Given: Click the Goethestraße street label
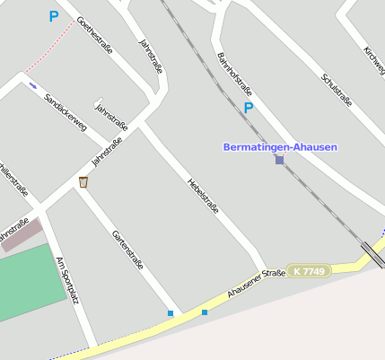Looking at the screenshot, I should coord(94,35).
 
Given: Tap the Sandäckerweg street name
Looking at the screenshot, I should coord(66,111).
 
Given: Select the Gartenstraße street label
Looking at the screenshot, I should coord(127,250).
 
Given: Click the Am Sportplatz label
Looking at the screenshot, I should coord(68,278).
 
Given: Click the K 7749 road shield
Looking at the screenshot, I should coord(309,271).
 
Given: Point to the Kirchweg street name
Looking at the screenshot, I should coord(374,60).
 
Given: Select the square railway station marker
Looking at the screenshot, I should coord(279,160).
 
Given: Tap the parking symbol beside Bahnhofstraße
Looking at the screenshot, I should coord(249,108).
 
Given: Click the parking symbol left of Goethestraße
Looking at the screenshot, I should coord(53,16).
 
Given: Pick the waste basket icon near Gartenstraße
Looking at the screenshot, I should coord(83,182).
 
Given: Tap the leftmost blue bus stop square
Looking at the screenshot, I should coord(171,313).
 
